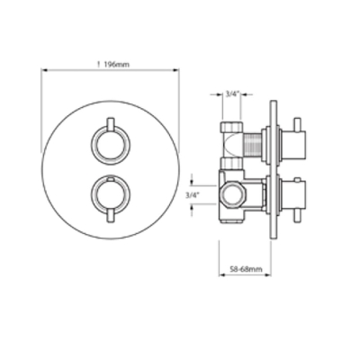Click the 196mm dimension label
click(116, 65)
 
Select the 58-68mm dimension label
click(246, 269)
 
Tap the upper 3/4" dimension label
click(231, 94)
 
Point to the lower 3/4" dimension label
click(192, 195)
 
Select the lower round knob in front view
click(110, 195)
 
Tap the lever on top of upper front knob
click(111, 124)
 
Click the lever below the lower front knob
click(111, 216)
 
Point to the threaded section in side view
click(253, 144)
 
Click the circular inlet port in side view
click(231, 195)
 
